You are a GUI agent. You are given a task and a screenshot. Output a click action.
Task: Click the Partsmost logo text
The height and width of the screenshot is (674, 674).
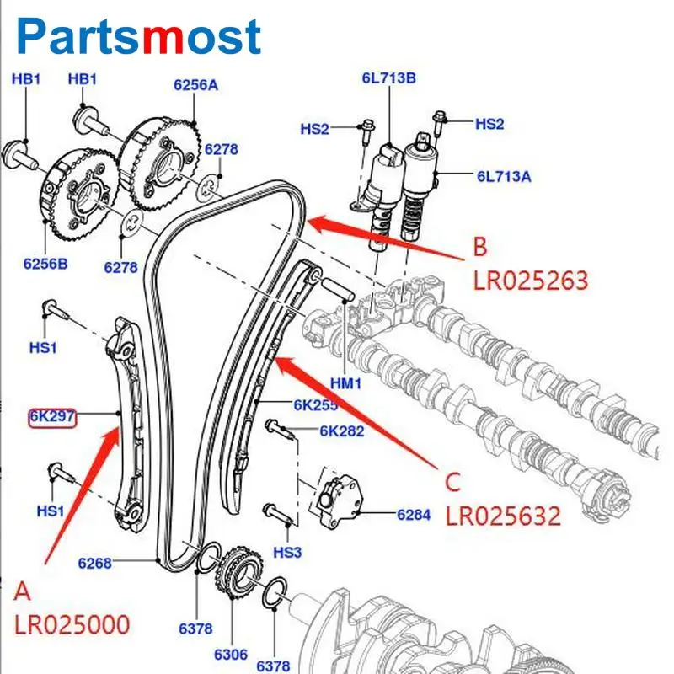click(139, 35)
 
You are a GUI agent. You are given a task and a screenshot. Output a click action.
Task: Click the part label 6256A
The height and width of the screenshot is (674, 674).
click(195, 84)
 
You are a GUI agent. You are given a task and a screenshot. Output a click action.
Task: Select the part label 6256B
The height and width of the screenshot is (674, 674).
click(45, 263)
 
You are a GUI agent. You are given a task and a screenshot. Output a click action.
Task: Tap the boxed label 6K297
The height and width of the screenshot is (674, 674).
click(52, 415)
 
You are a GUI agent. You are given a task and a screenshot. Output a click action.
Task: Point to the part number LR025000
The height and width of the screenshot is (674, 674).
click(72, 624)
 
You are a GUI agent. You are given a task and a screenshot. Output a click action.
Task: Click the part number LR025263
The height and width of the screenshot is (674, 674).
click(529, 280)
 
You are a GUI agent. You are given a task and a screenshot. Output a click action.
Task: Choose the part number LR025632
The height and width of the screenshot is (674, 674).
click(502, 516)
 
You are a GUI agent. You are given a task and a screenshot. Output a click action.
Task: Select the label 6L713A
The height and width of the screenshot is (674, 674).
click(504, 177)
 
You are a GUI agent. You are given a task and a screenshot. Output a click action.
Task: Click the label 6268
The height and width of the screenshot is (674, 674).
click(94, 563)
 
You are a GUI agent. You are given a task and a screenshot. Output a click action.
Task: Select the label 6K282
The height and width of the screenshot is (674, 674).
click(341, 431)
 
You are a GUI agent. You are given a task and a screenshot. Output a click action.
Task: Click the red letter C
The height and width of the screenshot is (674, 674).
click(453, 483)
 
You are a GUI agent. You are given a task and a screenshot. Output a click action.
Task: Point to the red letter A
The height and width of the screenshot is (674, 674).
click(24, 591)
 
